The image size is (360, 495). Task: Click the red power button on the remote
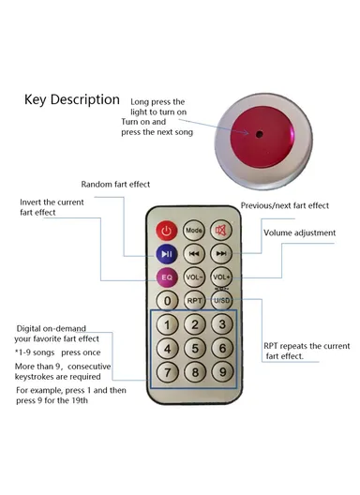(167, 231)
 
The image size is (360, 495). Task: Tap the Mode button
(194, 231)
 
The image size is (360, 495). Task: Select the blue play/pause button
(166, 254)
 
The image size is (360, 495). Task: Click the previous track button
(194, 254)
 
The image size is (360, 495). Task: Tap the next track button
(221, 254)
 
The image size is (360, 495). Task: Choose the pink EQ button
(166, 278)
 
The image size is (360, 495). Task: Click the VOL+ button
(221, 278)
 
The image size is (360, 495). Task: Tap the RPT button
(194, 301)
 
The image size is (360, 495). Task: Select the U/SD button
(221, 301)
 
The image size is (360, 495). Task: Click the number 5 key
(194, 349)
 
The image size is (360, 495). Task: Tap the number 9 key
(221, 372)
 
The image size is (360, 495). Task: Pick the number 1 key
(167, 325)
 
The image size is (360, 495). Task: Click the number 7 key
(167, 372)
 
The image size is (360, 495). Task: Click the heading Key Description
(72, 99)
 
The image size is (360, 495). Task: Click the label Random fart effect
(115, 184)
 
